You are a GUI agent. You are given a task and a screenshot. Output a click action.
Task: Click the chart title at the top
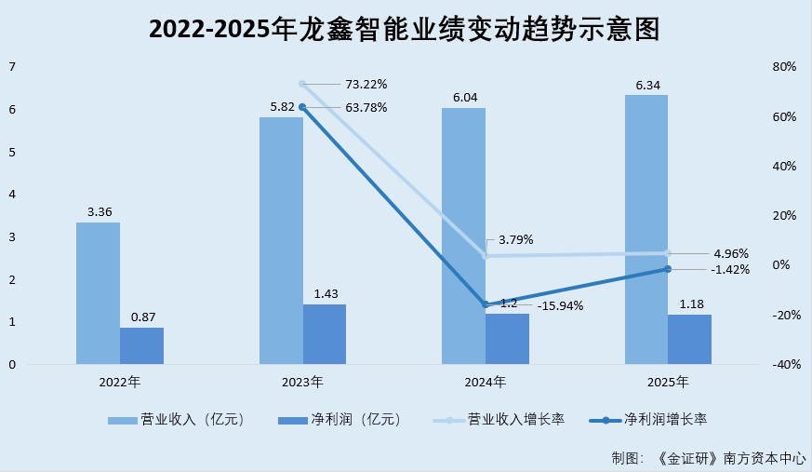[x=405, y=30]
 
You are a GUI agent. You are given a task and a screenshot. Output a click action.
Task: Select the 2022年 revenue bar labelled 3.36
[x=98, y=293]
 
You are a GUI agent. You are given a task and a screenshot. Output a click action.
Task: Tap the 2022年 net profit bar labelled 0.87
[x=141, y=345]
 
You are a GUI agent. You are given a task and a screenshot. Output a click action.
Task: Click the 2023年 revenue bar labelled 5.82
[x=281, y=240]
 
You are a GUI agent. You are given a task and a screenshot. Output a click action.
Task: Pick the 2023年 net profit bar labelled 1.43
[x=325, y=333]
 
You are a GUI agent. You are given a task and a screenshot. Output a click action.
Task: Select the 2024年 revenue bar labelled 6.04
[x=463, y=236]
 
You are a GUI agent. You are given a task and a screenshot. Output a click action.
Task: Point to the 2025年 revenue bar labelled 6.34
[x=646, y=229]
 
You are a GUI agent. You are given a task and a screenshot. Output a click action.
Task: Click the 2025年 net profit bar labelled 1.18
[x=689, y=339]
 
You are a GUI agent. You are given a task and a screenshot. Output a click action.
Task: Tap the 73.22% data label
[x=367, y=84]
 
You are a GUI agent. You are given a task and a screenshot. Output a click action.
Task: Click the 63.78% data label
[x=367, y=107]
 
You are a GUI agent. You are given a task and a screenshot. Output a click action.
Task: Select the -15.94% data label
[x=560, y=305]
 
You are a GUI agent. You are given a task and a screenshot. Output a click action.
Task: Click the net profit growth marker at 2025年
[x=667, y=269]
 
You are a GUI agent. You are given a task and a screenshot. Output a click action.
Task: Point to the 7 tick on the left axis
[x=11, y=67]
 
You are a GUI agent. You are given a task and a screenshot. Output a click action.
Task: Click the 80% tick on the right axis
[x=784, y=67]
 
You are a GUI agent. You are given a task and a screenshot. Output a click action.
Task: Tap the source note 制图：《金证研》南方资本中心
[x=708, y=458]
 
